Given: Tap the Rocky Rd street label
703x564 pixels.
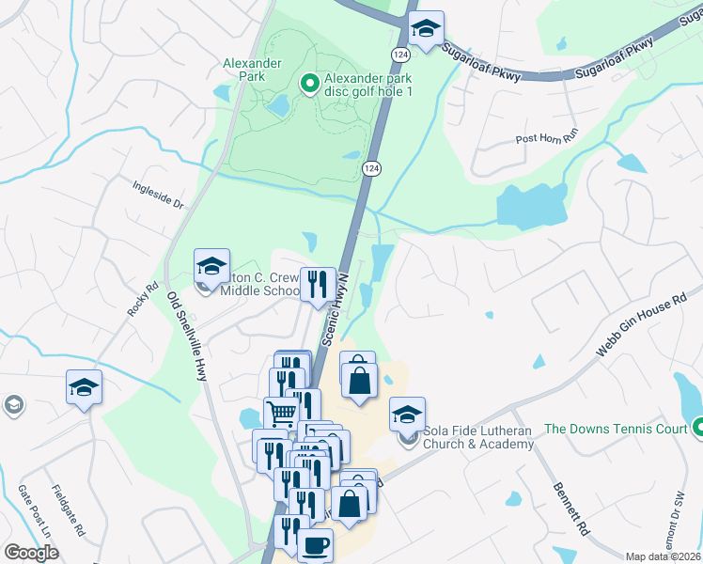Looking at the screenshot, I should point(140,299).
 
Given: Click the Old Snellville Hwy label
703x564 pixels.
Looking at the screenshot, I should point(187,336).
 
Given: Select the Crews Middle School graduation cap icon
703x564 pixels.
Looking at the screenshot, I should point(211,267).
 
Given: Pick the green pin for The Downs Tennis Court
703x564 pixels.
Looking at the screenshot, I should point(695,429).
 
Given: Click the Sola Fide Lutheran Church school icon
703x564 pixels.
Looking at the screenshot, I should point(407,415).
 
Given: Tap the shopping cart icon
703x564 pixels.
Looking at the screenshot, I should point(280,413).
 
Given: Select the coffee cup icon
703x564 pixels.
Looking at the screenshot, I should point(315,544).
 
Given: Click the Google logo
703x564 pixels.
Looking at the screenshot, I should point(31,553).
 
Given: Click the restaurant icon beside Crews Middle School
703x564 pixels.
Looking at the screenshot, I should point(318,282).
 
